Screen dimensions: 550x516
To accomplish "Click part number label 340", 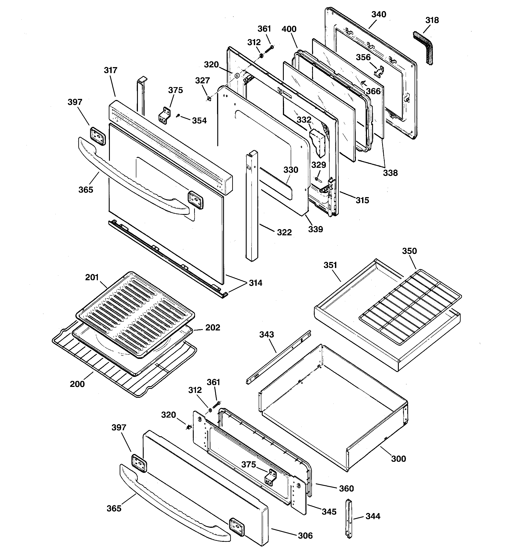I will [x=378, y=14].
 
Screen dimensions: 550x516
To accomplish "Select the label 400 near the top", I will [x=289, y=29].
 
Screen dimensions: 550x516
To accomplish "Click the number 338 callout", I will [x=390, y=173].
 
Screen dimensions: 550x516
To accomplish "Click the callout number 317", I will [x=111, y=70].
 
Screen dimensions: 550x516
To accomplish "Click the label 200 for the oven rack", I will [x=77, y=384].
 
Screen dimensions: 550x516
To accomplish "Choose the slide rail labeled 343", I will [x=278, y=357].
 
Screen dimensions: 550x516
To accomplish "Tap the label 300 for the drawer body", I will [x=398, y=459].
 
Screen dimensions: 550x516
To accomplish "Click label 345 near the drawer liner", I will [x=329, y=512].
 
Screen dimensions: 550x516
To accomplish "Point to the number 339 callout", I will [x=315, y=229].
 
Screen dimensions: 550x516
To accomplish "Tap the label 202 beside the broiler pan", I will [x=212, y=328].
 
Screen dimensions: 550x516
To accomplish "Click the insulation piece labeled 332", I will [x=317, y=142].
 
